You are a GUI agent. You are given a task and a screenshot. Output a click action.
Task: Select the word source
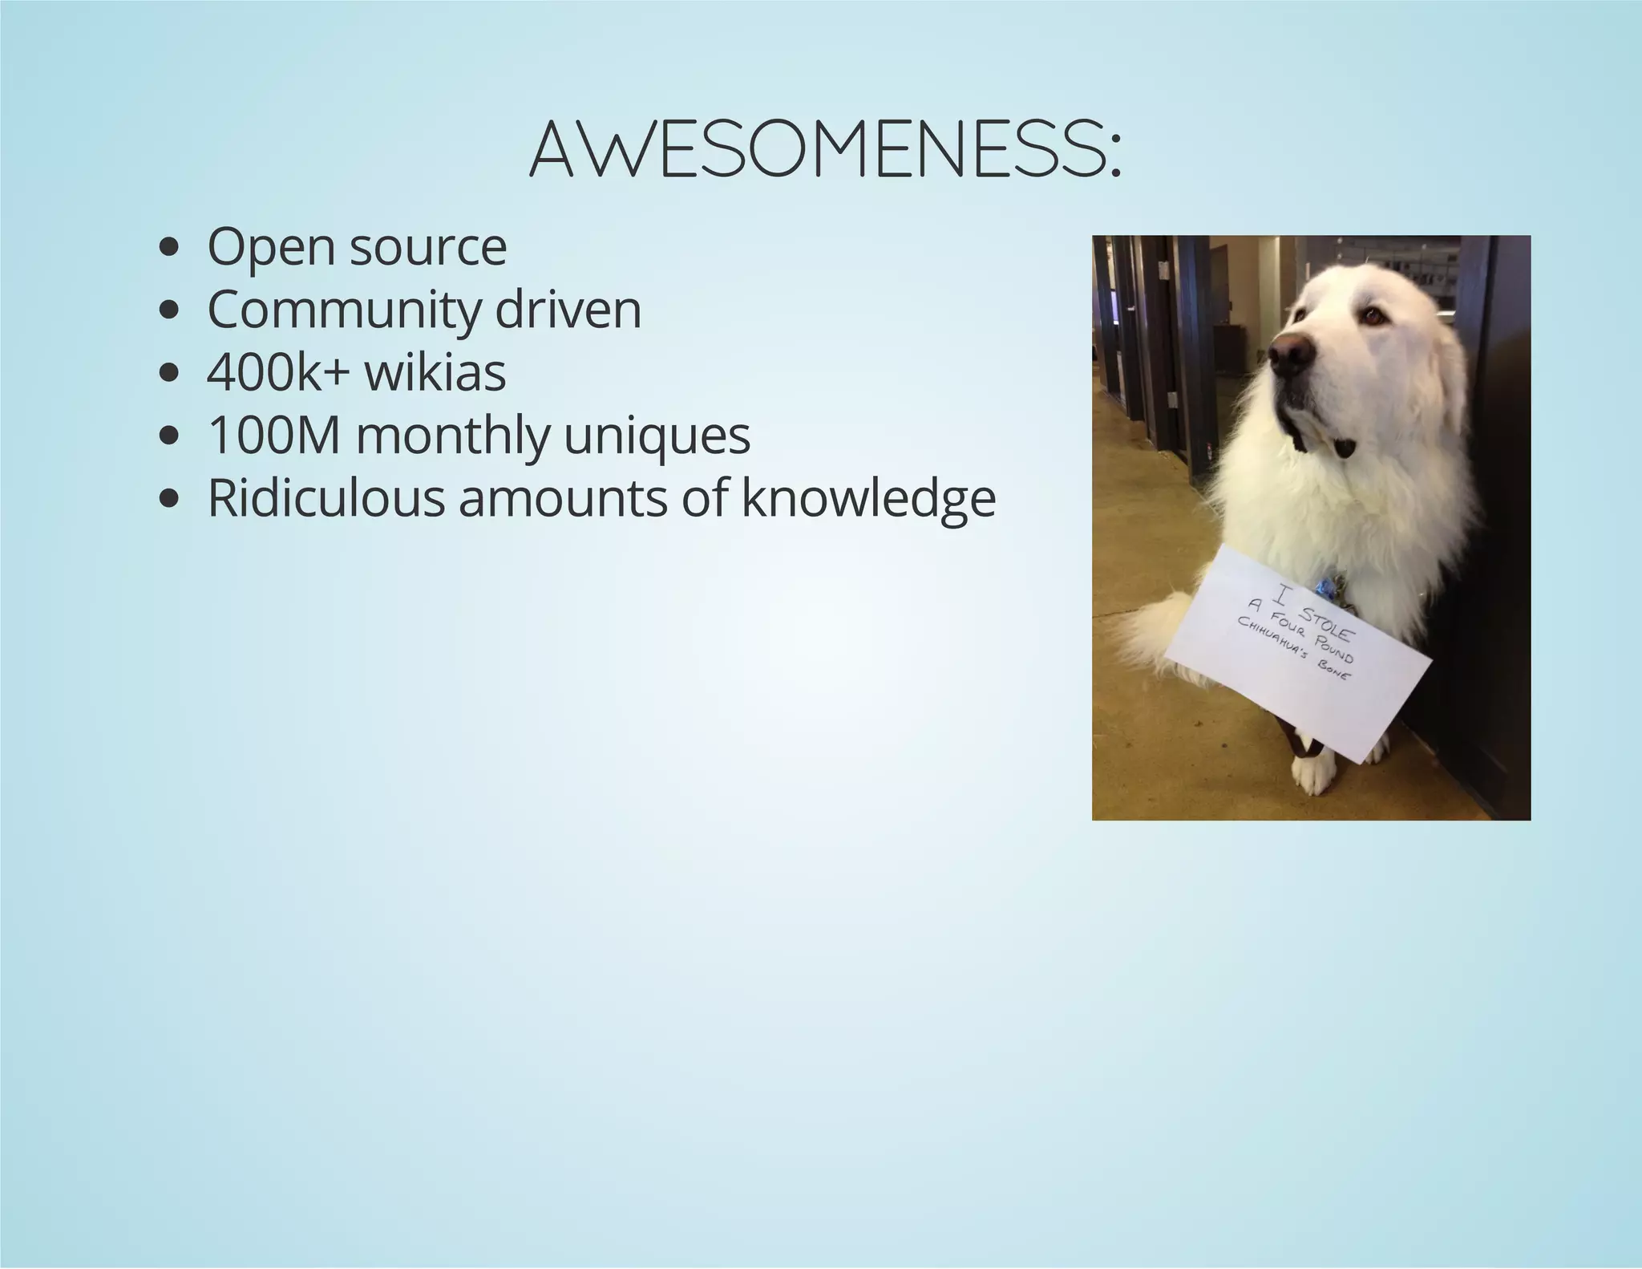point(428,248)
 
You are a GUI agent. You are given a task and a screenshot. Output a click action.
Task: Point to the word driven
point(568,310)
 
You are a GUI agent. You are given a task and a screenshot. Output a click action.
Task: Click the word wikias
point(435,373)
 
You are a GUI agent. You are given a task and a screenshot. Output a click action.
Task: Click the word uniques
point(657,436)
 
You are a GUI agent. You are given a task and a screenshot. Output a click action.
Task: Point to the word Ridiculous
point(326,498)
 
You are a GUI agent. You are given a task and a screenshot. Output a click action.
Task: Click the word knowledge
point(868,498)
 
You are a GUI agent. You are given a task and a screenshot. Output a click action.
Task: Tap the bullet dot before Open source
point(168,249)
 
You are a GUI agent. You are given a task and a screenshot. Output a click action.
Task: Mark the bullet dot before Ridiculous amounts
point(168,499)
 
